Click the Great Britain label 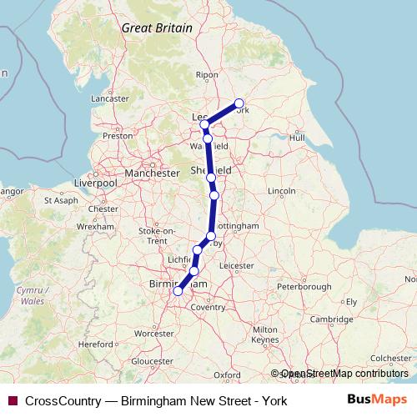(x=157, y=28)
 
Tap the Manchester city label (x=151, y=173)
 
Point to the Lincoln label (x=282, y=192)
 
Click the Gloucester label (x=151, y=361)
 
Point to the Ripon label (x=205, y=75)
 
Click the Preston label (x=117, y=135)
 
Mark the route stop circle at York (x=239, y=104)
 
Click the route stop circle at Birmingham (x=177, y=291)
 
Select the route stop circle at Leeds (x=204, y=124)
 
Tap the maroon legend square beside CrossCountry (x=12, y=400)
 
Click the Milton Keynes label (x=264, y=335)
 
